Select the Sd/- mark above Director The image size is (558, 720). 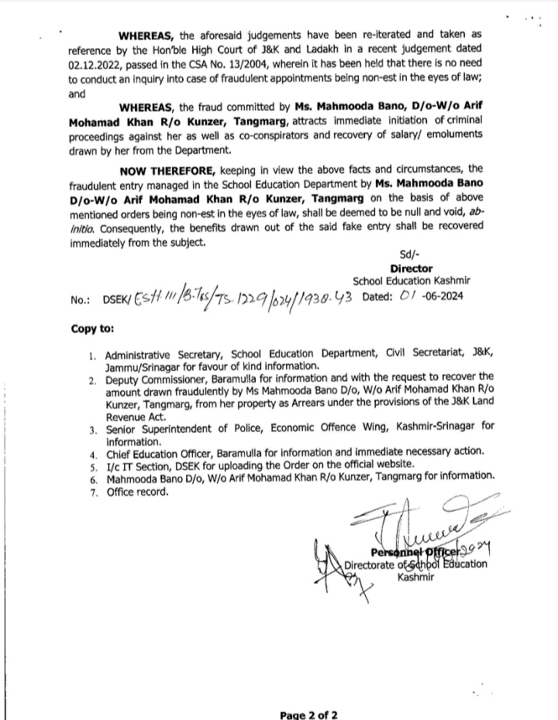409,253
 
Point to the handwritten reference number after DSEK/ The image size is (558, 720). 245,299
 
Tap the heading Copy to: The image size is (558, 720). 93,328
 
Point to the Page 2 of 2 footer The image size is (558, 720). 309,715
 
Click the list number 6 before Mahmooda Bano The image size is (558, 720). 92,477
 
